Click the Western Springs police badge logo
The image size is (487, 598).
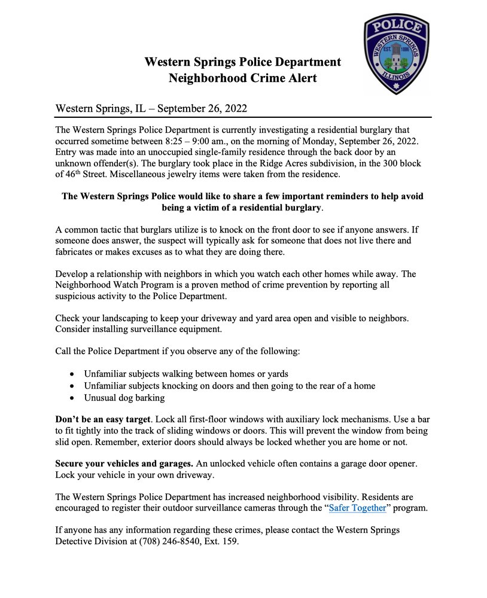tap(396, 55)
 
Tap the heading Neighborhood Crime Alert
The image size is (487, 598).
tap(242, 78)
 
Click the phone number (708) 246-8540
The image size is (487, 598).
tap(187, 542)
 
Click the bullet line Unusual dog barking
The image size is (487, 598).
tap(124, 398)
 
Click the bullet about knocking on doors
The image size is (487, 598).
tap(230, 386)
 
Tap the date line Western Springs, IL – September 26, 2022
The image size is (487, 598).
tap(151, 109)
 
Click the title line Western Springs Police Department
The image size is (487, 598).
tap(242, 62)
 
